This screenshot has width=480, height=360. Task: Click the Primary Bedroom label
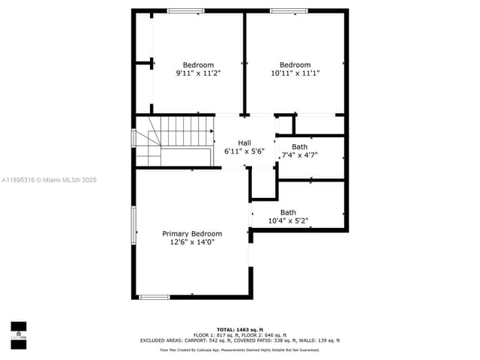tap(192, 234)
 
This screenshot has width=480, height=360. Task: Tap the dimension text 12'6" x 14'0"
tap(192, 242)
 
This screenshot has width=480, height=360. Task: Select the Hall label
tap(244, 142)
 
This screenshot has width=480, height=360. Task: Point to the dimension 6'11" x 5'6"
tap(244, 151)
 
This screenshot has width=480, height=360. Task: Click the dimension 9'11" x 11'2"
tap(198, 73)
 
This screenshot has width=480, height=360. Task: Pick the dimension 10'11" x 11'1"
tap(295, 73)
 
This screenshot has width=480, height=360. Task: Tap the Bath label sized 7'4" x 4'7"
tap(299, 147)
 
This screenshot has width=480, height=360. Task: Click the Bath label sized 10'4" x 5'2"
tap(288, 212)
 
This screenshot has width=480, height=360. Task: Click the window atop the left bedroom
tap(185, 10)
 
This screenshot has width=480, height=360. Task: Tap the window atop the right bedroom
tap(289, 10)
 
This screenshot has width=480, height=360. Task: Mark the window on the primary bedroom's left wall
tap(134, 225)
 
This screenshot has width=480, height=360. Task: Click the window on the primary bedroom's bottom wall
tap(154, 297)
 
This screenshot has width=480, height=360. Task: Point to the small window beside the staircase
tap(134, 138)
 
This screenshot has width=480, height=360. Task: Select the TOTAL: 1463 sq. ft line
tap(240, 329)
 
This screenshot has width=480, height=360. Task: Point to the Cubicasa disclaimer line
tap(240, 349)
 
